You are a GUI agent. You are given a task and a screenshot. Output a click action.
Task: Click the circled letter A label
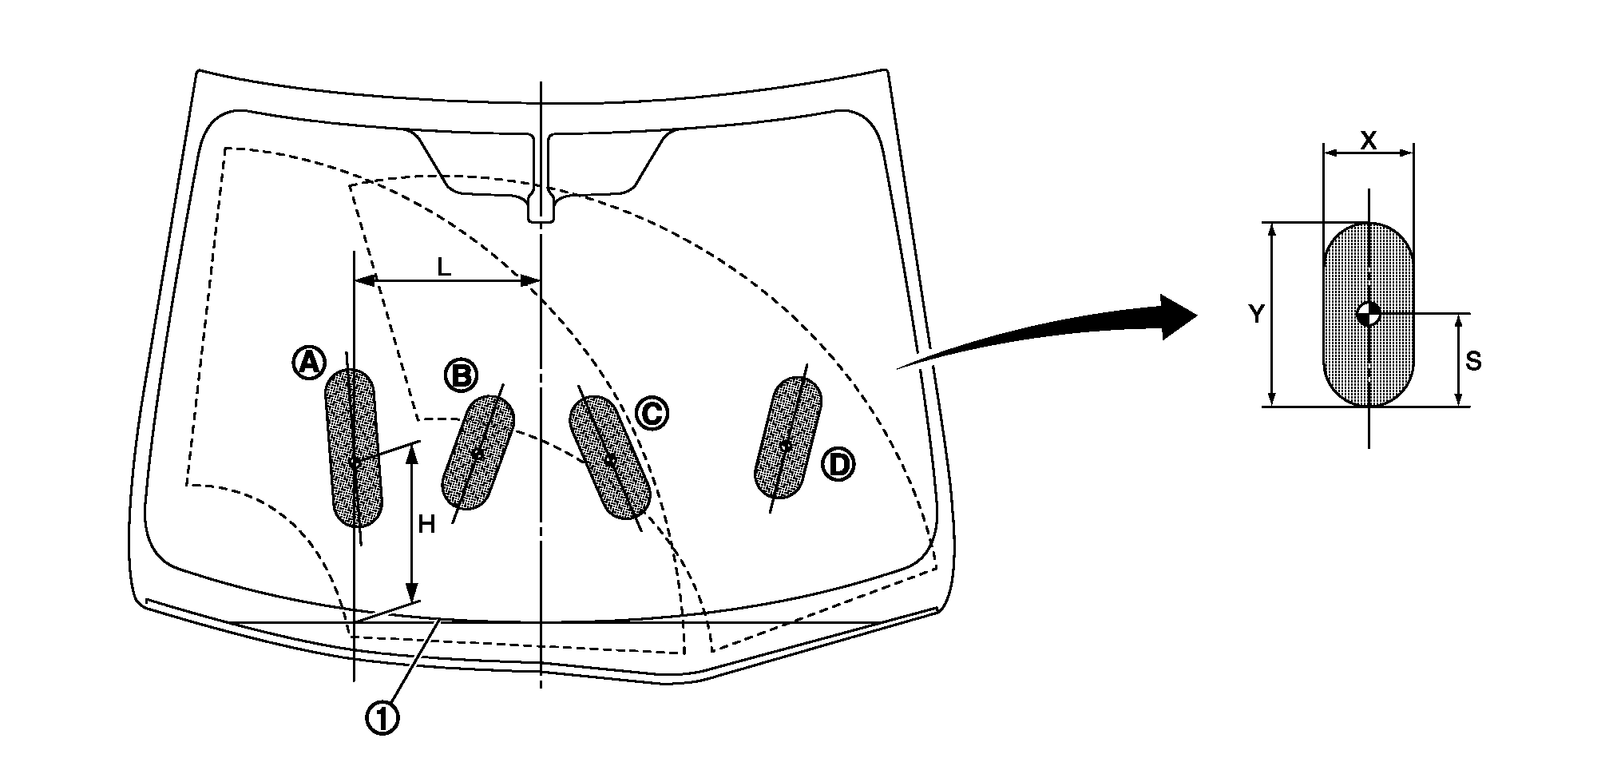(x=308, y=364)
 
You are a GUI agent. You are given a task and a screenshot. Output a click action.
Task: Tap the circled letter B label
(x=461, y=375)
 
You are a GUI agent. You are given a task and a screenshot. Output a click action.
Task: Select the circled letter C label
(x=652, y=413)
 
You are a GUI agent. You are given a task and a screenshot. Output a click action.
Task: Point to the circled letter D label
(x=838, y=465)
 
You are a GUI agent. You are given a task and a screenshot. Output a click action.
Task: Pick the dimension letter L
(x=444, y=268)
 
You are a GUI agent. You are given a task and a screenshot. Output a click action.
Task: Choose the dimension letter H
(x=427, y=525)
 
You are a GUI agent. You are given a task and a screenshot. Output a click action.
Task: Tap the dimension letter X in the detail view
(x=1368, y=141)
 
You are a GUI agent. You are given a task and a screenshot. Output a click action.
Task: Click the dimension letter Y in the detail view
(x=1256, y=315)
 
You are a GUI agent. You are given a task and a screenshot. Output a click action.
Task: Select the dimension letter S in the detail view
(x=1473, y=362)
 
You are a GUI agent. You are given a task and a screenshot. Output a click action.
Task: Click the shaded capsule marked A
(x=354, y=448)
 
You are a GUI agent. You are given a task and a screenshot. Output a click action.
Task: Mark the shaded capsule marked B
(x=478, y=453)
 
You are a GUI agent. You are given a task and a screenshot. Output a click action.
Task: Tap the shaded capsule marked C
(x=609, y=458)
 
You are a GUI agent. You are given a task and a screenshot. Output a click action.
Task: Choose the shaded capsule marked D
(x=787, y=438)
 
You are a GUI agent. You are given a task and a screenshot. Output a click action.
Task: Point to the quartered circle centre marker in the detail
(x=1369, y=313)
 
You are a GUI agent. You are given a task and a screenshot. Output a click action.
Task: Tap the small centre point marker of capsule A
(x=355, y=462)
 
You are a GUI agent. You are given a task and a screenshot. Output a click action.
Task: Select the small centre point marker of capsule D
(x=786, y=446)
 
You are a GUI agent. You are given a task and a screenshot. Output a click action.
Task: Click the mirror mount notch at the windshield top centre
(x=541, y=209)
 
